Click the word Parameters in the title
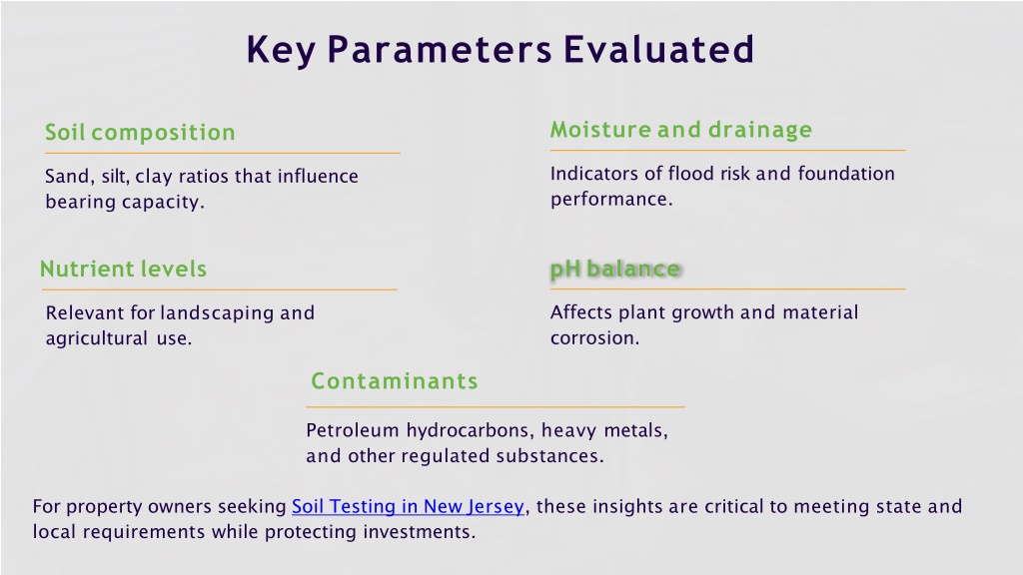tap(440, 50)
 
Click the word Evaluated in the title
tap(658, 50)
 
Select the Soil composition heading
tap(140, 133)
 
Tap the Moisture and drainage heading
tap(681, 130)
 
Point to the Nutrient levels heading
tap(123, 269)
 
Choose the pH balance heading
tap(615, 269)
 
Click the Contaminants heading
tap(394, 380)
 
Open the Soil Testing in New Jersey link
tap(408, 506)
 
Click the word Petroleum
tap(353, 430)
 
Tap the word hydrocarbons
tap(470, 431)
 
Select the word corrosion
tap(594, 337)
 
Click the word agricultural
tap(97, 339)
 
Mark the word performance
tap(610, 200)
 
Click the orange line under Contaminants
tap(496, 407)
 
